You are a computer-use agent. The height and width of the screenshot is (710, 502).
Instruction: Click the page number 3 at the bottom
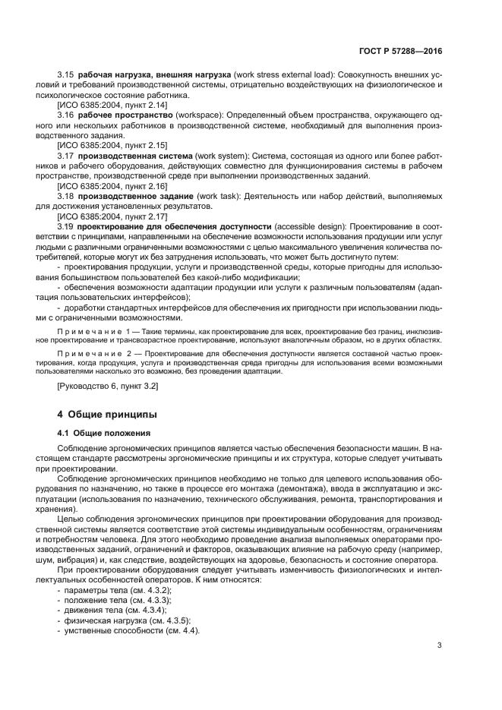click(439, 645)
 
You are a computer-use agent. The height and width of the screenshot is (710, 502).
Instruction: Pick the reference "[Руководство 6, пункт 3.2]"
click(109, 387)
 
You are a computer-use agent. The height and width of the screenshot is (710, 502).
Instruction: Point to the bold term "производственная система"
click(135, 154)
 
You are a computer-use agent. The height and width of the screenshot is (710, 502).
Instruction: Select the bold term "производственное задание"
click(135, 196)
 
